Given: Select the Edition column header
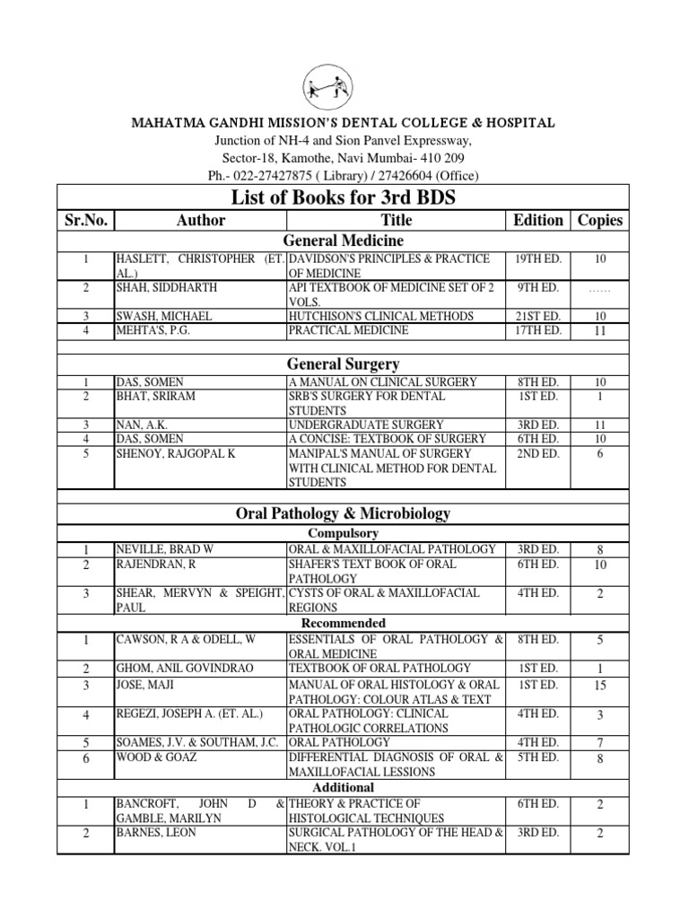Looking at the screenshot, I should (538, 220).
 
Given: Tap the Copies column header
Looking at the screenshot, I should (600, 220).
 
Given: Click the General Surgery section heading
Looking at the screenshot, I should (344, 364).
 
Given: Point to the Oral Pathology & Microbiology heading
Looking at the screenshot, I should (344, 513).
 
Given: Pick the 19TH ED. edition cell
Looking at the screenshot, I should (538, 258).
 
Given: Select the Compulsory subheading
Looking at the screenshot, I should (344, 532).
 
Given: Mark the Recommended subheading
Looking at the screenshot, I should (344, 623).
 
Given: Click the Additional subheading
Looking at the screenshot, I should (344, 787).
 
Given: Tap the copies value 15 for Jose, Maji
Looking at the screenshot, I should (600, 686).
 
